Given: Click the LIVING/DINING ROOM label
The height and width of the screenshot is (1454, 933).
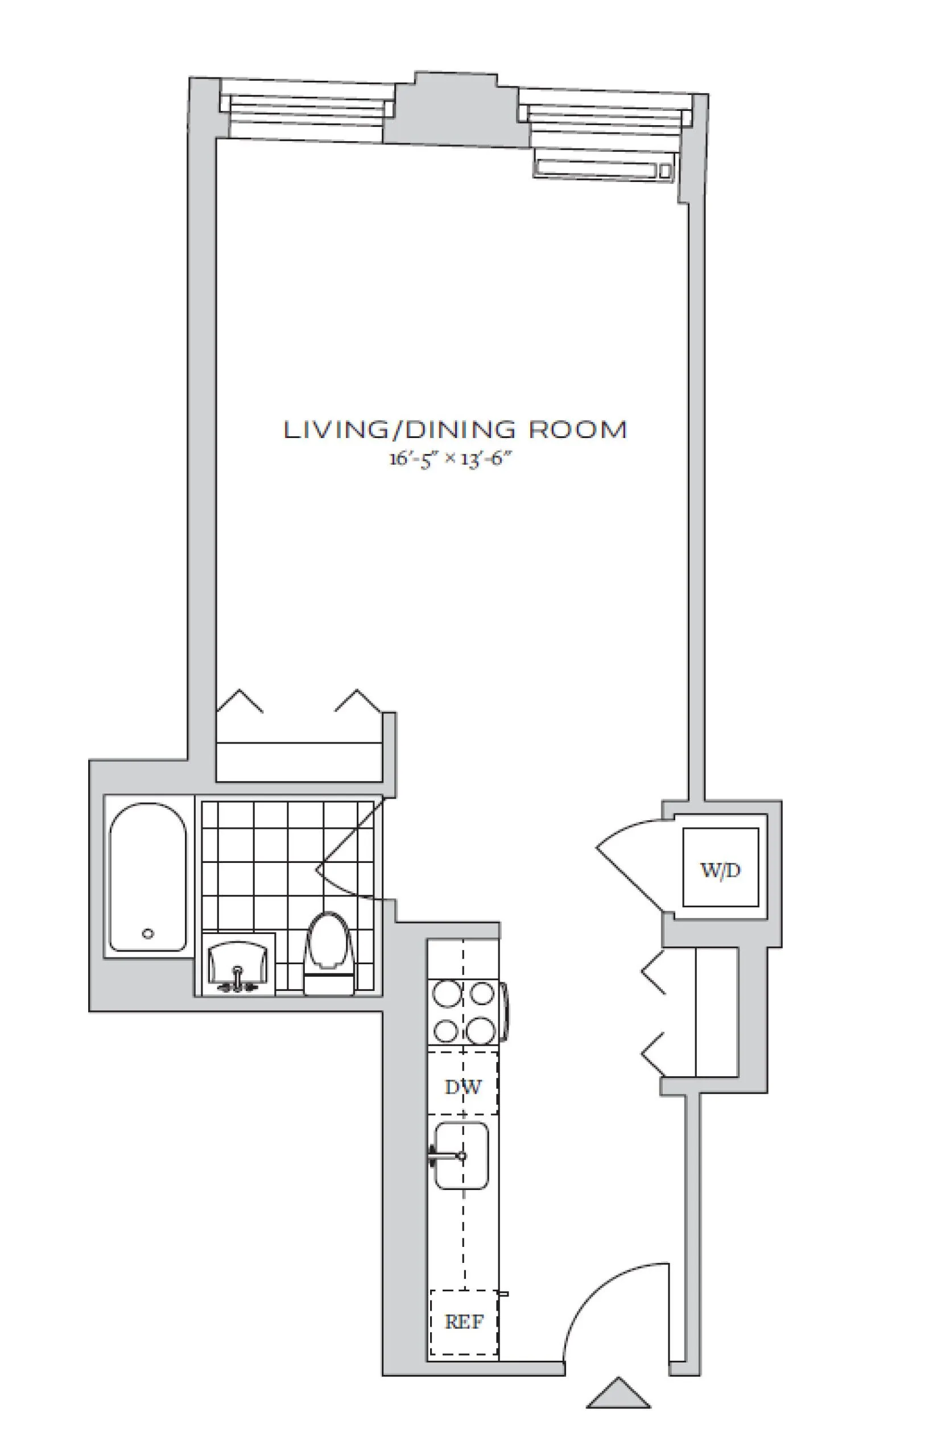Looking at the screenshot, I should click(455, 429).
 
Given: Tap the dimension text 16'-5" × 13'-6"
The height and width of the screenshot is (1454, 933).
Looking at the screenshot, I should click(450, 458).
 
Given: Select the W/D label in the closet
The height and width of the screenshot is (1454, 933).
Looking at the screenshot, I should click(720, 870).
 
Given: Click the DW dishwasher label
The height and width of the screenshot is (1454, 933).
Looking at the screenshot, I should click(463, 1087).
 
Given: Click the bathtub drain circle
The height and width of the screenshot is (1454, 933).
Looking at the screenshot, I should click(148, 933).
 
